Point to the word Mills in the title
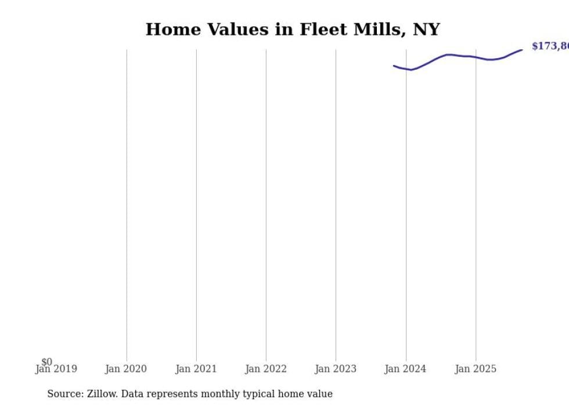click(x=376, y=30)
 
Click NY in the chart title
click(x=426, y=30)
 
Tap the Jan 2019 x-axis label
click(x=56, y=369)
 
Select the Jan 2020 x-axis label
click(x=126, y=369)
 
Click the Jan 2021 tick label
click(x=196, y=369)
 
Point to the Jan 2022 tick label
click(x=266, y=369)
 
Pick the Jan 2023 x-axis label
click(x=336, y=369)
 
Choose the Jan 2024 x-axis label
click(x=405, y=369)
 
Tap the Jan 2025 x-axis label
click(x=476, y=369)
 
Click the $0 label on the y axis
click(x=46, y=362)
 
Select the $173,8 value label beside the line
click(x=550, y=46)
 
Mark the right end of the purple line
click(x=522, y=50)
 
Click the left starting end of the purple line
click(x=394, y=66)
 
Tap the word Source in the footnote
click(x=65, y=394)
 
